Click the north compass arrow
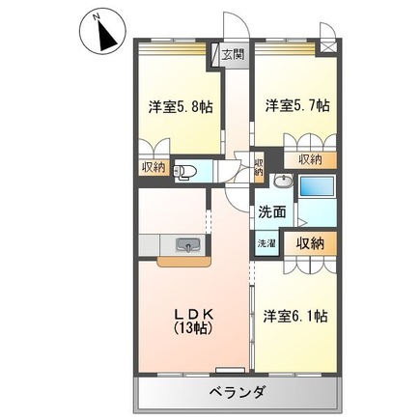(x=100, y=34)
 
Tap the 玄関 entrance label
(x=233, y=55)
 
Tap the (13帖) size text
(x=193, y=328)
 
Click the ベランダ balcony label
(x=236, y=392)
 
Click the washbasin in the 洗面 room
(x=283, y=182)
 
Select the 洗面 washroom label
(x=271, y=211)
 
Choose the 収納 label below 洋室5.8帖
(x=154, y=168)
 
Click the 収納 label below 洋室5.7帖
(x=310, y=159)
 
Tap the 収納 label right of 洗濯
(x=310, y=242)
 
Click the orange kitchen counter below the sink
(x=183, y=259)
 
